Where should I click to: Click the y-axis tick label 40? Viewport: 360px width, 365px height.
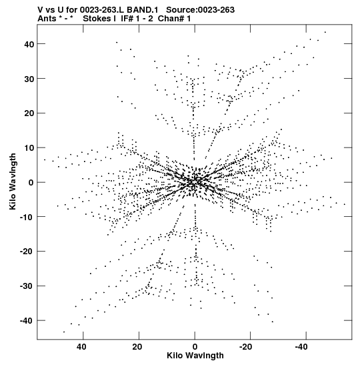pos(29,44)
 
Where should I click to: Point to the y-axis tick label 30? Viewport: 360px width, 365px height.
pos(29,79)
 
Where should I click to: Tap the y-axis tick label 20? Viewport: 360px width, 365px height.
pos(29,113)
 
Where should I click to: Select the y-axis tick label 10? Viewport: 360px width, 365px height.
pos(29,148)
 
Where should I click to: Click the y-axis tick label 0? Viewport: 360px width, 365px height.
pos(31,183)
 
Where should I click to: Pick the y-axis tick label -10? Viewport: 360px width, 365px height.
pos(27,217)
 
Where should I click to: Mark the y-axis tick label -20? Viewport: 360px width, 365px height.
pos(27,252)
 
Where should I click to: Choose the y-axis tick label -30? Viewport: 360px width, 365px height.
pos(27,286)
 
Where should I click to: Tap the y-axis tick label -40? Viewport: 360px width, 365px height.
pos(27,321)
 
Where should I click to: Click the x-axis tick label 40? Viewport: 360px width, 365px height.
pos(81,347)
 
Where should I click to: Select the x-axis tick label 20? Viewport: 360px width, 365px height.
pos(137,347)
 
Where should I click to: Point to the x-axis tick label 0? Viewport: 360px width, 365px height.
pos(195,347)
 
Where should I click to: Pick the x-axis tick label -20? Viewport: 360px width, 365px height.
pos(245,347)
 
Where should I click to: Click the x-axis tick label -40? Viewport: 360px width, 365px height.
pos(301,347)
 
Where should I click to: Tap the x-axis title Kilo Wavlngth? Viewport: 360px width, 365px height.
pos(195,356)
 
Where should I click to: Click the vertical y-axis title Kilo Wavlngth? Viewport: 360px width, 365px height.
pos(13,181)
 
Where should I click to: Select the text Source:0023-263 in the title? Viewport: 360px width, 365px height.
pos(200,10)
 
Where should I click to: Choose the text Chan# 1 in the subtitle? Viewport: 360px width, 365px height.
pos(174,19)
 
